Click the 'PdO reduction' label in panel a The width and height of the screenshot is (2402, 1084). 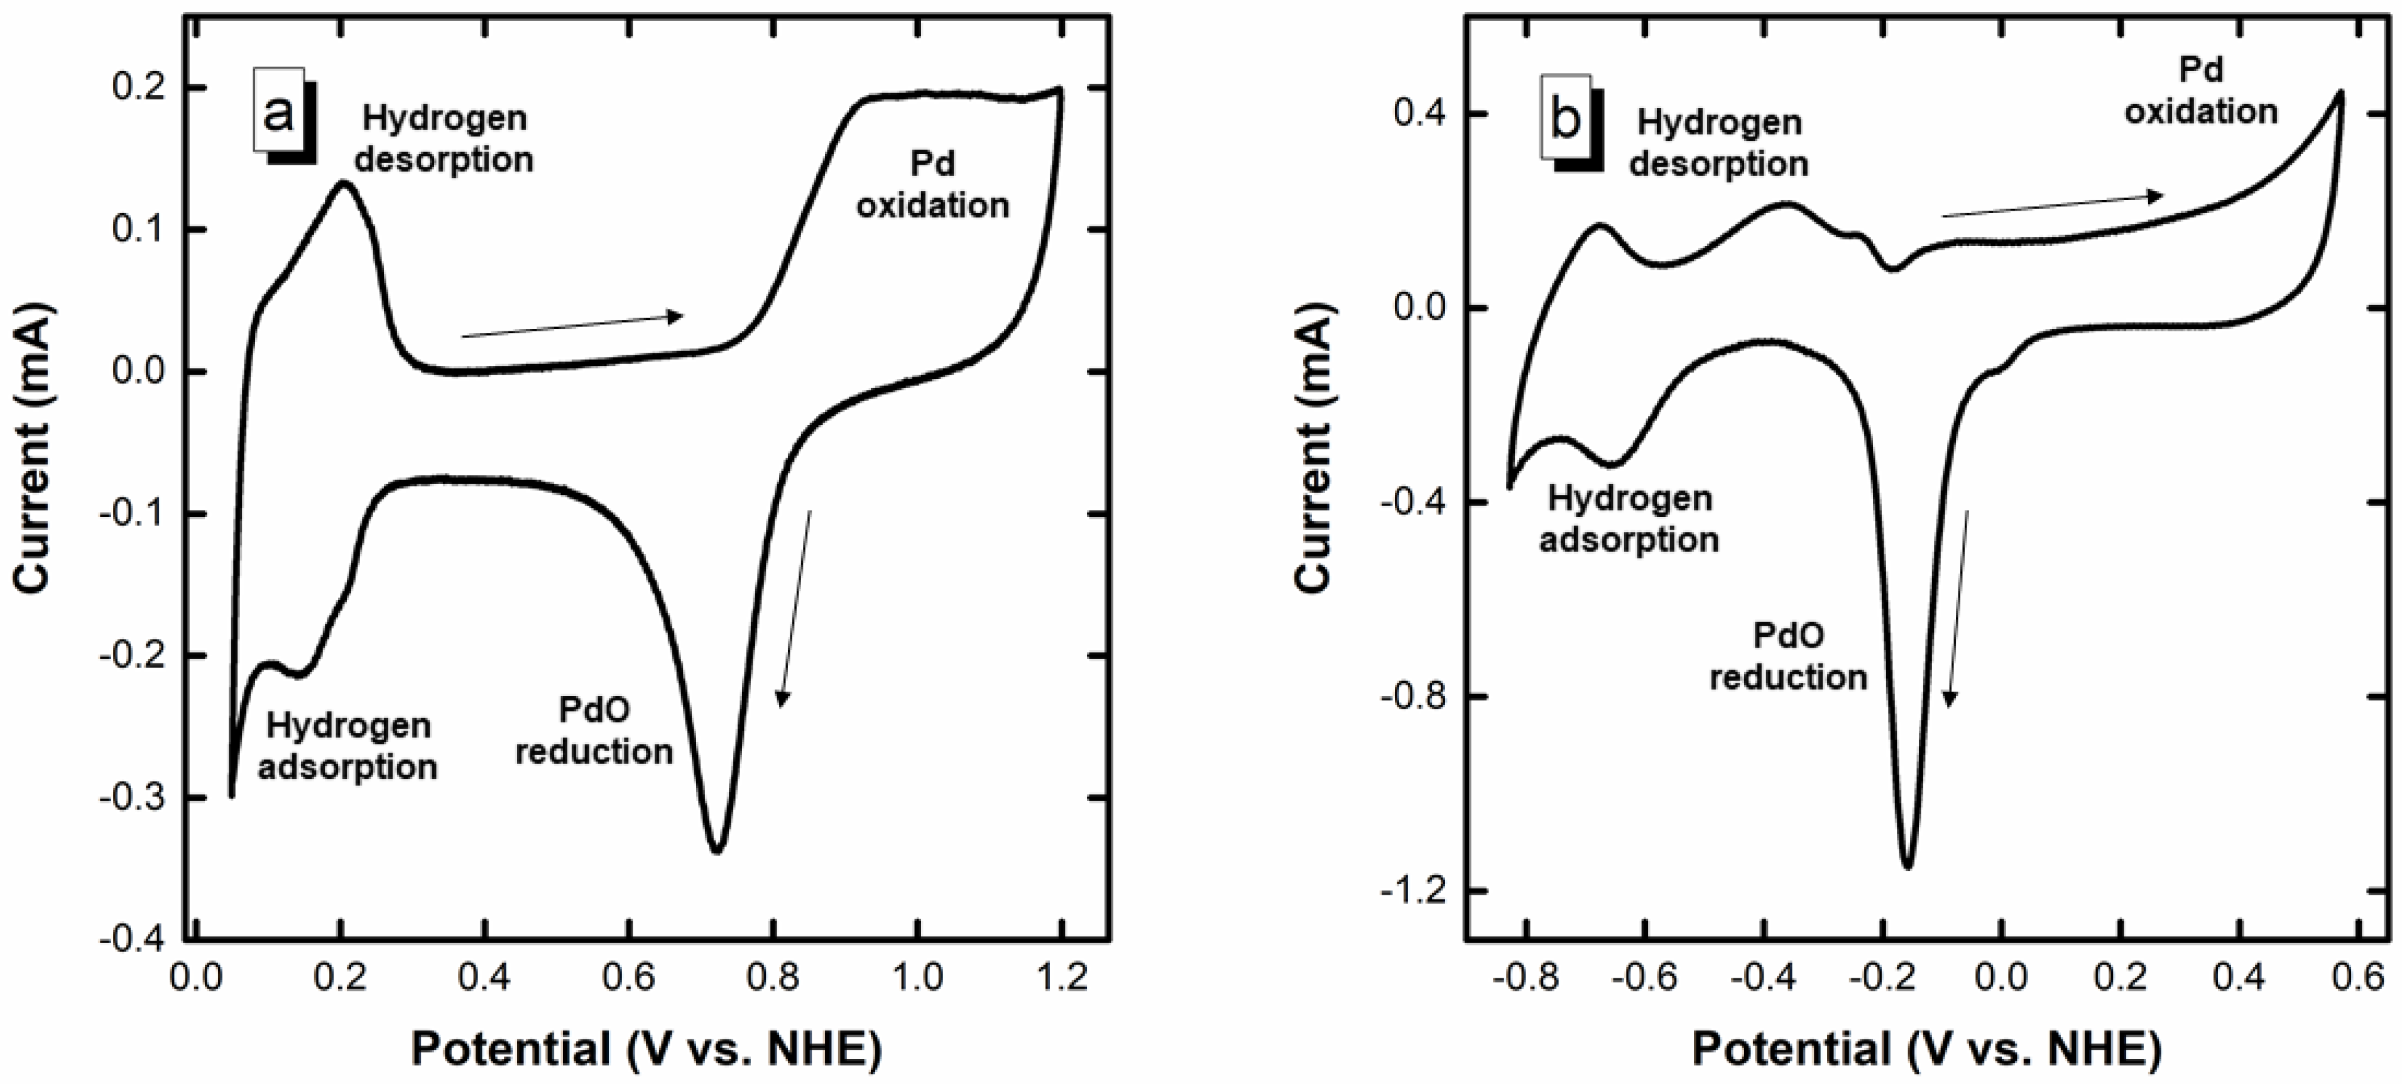(594, 731)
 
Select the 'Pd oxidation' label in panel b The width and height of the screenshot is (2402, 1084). (2200, 91)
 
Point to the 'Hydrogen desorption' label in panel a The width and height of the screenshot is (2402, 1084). (444, 138)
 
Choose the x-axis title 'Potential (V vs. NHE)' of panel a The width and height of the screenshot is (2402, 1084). (646, 1049)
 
